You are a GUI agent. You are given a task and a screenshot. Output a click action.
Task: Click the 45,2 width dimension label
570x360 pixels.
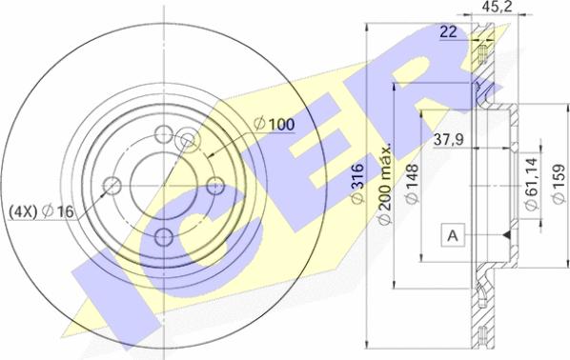tap(497, 6)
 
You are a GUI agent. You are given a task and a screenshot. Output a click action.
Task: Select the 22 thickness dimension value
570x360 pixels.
tap(448, 32)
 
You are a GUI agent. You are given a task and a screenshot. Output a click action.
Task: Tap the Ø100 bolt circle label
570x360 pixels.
tap(275, 124)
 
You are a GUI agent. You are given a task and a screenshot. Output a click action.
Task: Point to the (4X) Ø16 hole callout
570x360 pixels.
tap(41, 211)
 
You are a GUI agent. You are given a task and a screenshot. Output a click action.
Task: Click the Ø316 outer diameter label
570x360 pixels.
tap(357, 184)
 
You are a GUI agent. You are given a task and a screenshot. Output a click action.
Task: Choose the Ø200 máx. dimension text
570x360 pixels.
tap(384, 184)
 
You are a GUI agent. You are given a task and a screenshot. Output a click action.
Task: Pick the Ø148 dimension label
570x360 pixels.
tap(412, 184)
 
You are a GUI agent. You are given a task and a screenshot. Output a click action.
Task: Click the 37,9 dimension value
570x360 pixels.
tap(449, 139)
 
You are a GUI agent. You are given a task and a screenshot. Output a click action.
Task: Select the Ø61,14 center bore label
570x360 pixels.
tap(532, 184)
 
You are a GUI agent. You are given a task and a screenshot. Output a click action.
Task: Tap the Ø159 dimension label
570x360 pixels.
tap(558, 184)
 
